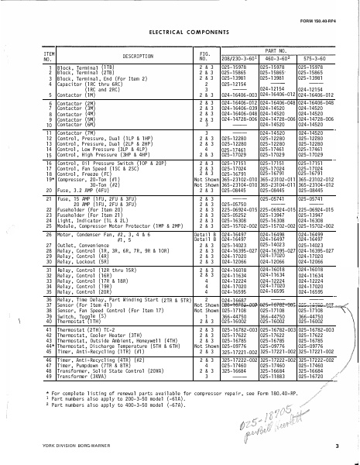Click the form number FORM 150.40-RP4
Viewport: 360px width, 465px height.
pyautogui.click(x=319, y=10)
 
